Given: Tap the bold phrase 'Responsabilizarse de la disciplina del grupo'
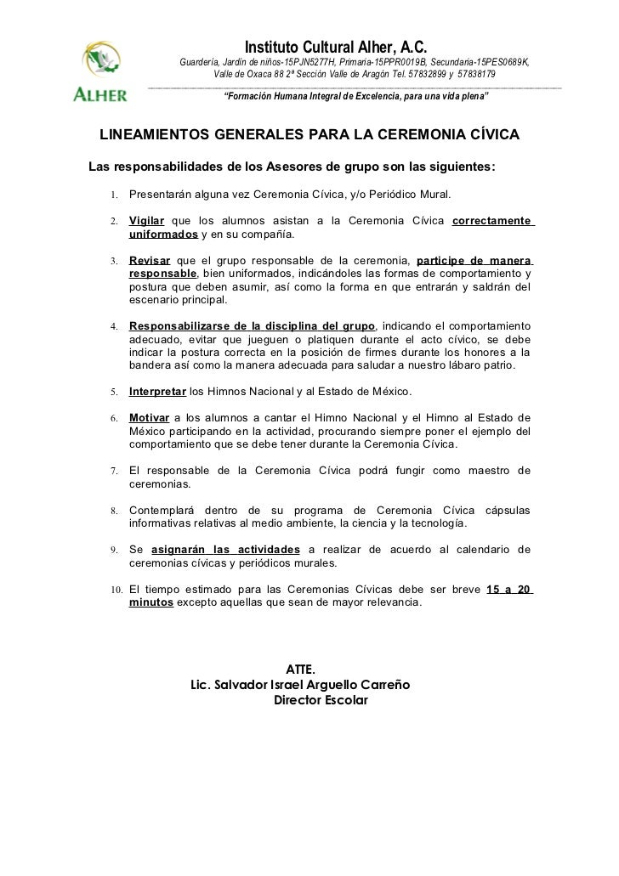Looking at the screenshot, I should click(x=252, y=325).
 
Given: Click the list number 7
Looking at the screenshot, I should click(x=112, y=471).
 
